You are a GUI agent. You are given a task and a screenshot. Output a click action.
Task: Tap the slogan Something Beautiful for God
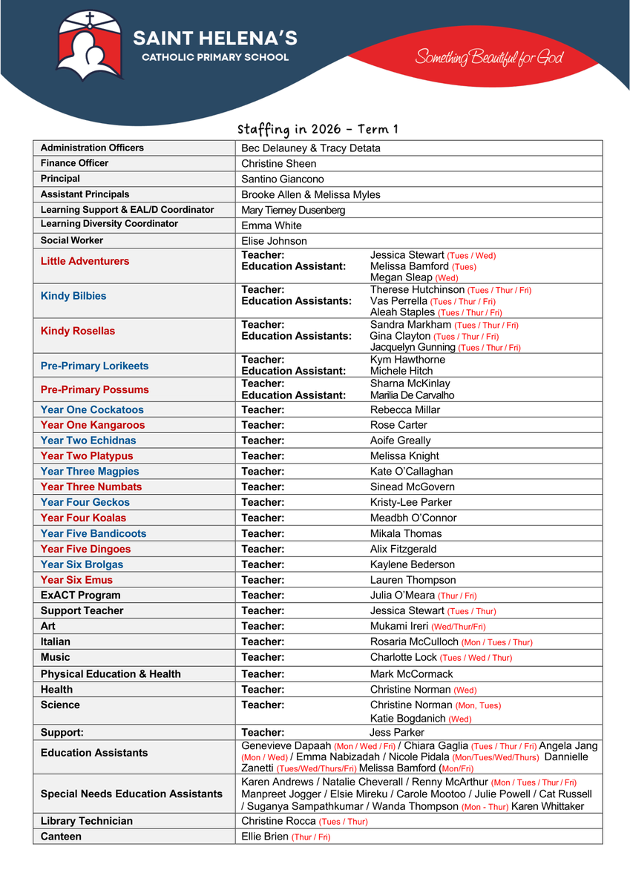pyautogui.click(x=490, y=58)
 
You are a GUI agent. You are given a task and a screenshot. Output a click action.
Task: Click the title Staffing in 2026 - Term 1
pyautogui.click(x=318, y=129)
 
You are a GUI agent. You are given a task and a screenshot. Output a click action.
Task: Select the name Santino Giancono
pyautogui.click(x=283, y=179)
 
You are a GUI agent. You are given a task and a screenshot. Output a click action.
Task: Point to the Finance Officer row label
pyautogui.click(x=74, y=163)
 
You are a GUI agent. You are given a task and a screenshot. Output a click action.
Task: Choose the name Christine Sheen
pyautogui.click(x=279, y=164)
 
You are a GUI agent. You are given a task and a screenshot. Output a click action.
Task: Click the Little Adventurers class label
pyautogui.click(x=85, y=261)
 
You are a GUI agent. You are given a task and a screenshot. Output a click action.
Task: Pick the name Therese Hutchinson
pyautogui.click(x=418, y=290)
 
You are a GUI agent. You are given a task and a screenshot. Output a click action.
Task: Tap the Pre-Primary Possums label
pyautogui.click(x=94, y=389)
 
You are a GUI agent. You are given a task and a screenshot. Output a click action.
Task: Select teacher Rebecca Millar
pyautogui.click(x=405, y=409)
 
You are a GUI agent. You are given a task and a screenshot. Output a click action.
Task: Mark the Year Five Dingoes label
pyautogui.click(x=85, y=549)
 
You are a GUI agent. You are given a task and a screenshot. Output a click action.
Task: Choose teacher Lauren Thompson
pyautogui.click(x=413, y=580)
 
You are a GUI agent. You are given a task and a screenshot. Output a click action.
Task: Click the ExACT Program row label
pyautogui.click(x=80, y=596)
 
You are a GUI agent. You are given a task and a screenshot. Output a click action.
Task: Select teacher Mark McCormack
pyautogui.click(x=411, y=674)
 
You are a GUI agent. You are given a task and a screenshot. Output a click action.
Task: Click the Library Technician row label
pyautogui.click(x=87, y=821)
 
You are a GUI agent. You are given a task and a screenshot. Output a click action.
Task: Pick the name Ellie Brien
pyautogui.click(x=265, y=837)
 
